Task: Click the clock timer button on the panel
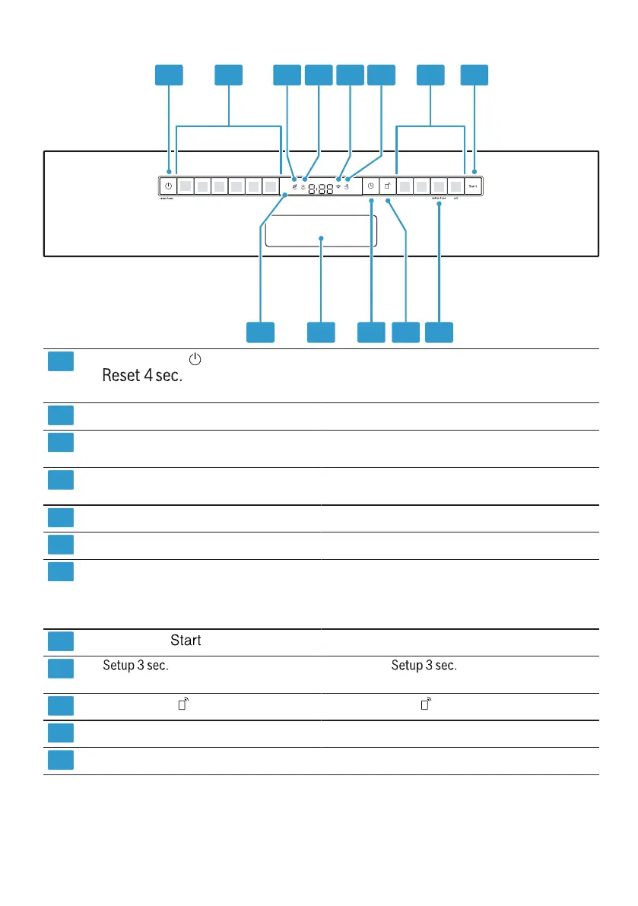370,185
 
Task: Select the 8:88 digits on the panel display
320,188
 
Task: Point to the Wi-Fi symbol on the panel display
338,187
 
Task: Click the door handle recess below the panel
321,230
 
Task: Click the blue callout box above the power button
170,75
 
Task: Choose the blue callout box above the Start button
475,75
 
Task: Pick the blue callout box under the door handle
321,332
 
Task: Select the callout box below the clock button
371,332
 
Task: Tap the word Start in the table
186,641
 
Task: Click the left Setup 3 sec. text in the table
135,666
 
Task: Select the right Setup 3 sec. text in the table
424,666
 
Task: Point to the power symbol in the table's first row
195,358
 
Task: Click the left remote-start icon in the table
183,705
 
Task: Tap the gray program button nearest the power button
185,185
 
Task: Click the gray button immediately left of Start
455,185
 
